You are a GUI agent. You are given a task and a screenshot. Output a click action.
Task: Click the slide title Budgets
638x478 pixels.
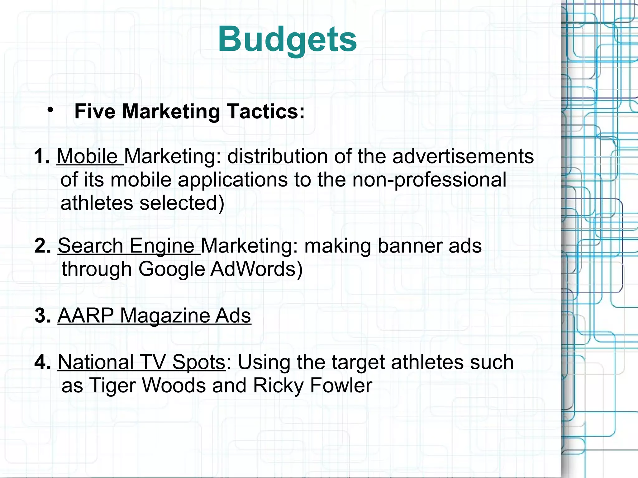(x=287, y=40)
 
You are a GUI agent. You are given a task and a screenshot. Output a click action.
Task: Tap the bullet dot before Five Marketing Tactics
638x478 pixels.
(x=50, y=110)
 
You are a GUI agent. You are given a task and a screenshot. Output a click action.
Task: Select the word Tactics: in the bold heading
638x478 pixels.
(x=265, y=111)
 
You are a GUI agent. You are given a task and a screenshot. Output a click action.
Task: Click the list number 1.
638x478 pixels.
(x=42, y=156)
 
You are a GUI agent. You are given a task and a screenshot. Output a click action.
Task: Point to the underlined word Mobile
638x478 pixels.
(x=87, y=156)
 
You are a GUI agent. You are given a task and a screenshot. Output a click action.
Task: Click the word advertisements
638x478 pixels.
(x=463, y=156)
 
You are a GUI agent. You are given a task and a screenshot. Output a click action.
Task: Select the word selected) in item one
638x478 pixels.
(x=182, y=203)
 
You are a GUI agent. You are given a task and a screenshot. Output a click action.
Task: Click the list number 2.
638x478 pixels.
(x=42, y=246)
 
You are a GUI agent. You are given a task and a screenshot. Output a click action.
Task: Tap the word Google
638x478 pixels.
(x=171, y=269)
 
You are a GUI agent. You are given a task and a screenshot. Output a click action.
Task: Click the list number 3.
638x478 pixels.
(x=42, y=316)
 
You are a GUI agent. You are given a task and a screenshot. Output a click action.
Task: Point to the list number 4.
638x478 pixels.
(x=42, y=362)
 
